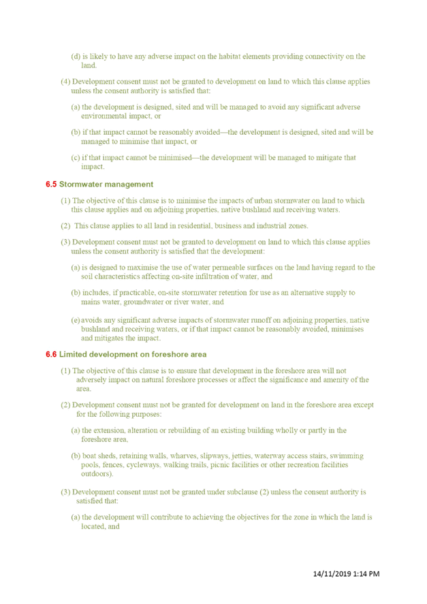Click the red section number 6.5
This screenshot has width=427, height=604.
(51, 185)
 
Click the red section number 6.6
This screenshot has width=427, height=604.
(51, 354)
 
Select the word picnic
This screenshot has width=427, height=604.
(219, 465)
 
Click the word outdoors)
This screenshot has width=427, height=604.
(97, 474)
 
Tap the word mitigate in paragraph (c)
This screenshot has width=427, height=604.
(329, 158)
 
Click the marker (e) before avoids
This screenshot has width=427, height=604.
(76, 321)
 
